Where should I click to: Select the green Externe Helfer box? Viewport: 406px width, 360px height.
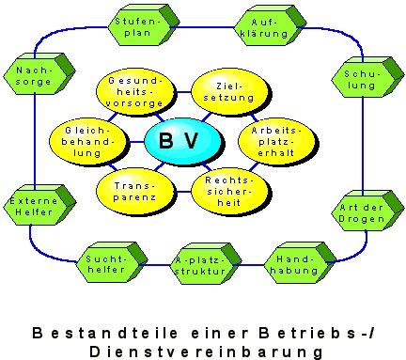click(32, 206)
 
